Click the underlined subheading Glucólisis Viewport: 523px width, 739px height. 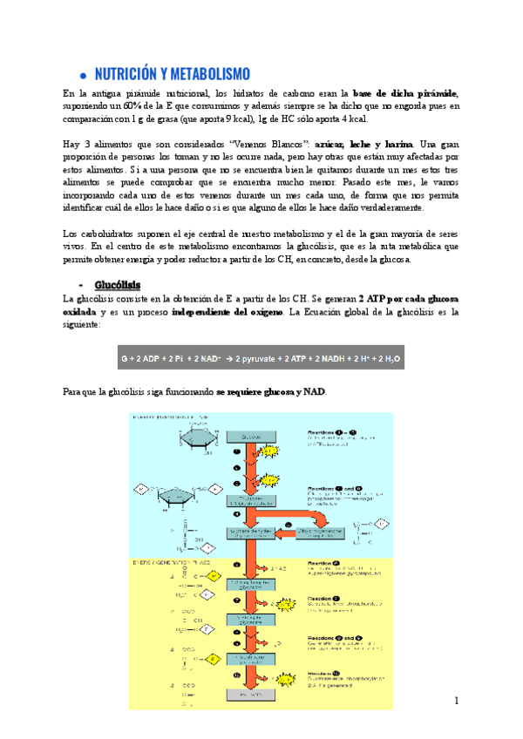pos(118,284)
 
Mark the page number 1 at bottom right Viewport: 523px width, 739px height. pos(456,702)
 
